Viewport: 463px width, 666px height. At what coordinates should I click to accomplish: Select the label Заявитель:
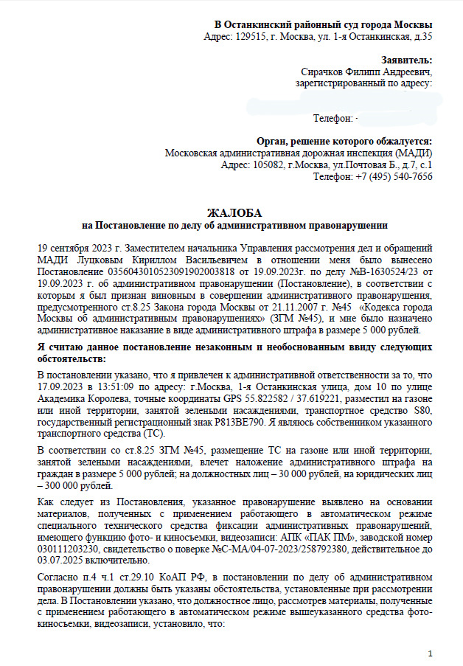click(407, 60)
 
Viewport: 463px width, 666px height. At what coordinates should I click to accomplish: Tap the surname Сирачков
click(326, 72)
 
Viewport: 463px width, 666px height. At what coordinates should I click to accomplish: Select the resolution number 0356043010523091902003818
click(173, 271)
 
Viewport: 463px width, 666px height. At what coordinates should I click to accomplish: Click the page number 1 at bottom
click(431, 653)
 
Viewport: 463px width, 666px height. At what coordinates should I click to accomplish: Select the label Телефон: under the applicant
click(334, 118)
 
